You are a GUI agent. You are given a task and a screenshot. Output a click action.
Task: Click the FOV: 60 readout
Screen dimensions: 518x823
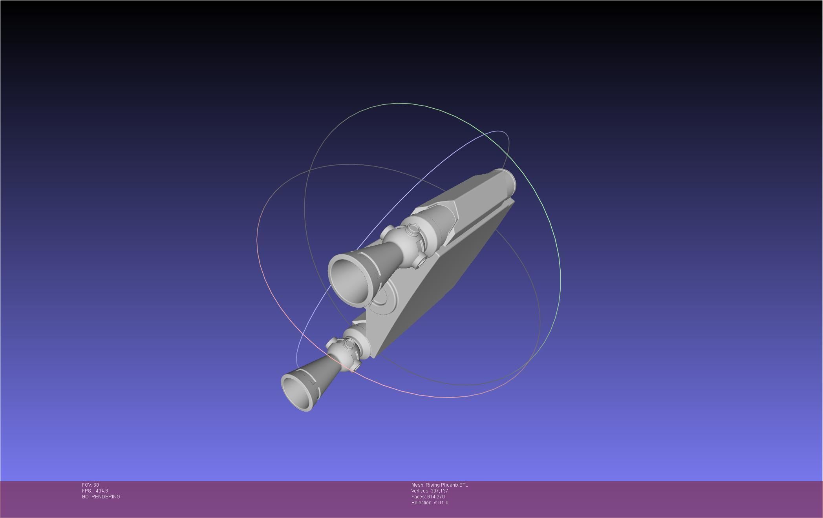coord(90,485)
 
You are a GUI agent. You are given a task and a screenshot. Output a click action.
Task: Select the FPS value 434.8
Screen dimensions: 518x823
coord(101,491)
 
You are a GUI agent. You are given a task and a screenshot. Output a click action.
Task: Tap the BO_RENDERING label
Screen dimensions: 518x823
coord(101,497)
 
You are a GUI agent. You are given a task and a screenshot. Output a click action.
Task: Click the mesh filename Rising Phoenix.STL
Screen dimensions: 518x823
coord(446,485)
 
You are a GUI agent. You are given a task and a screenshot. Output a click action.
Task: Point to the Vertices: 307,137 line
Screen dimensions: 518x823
coord(430,491)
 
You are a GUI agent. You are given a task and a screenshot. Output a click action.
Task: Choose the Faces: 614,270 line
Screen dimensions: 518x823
coord(428,497)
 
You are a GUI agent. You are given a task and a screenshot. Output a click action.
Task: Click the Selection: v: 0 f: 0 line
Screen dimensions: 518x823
coord(430,503)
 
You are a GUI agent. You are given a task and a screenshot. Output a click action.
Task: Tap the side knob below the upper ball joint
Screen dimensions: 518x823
coord(421,259)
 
